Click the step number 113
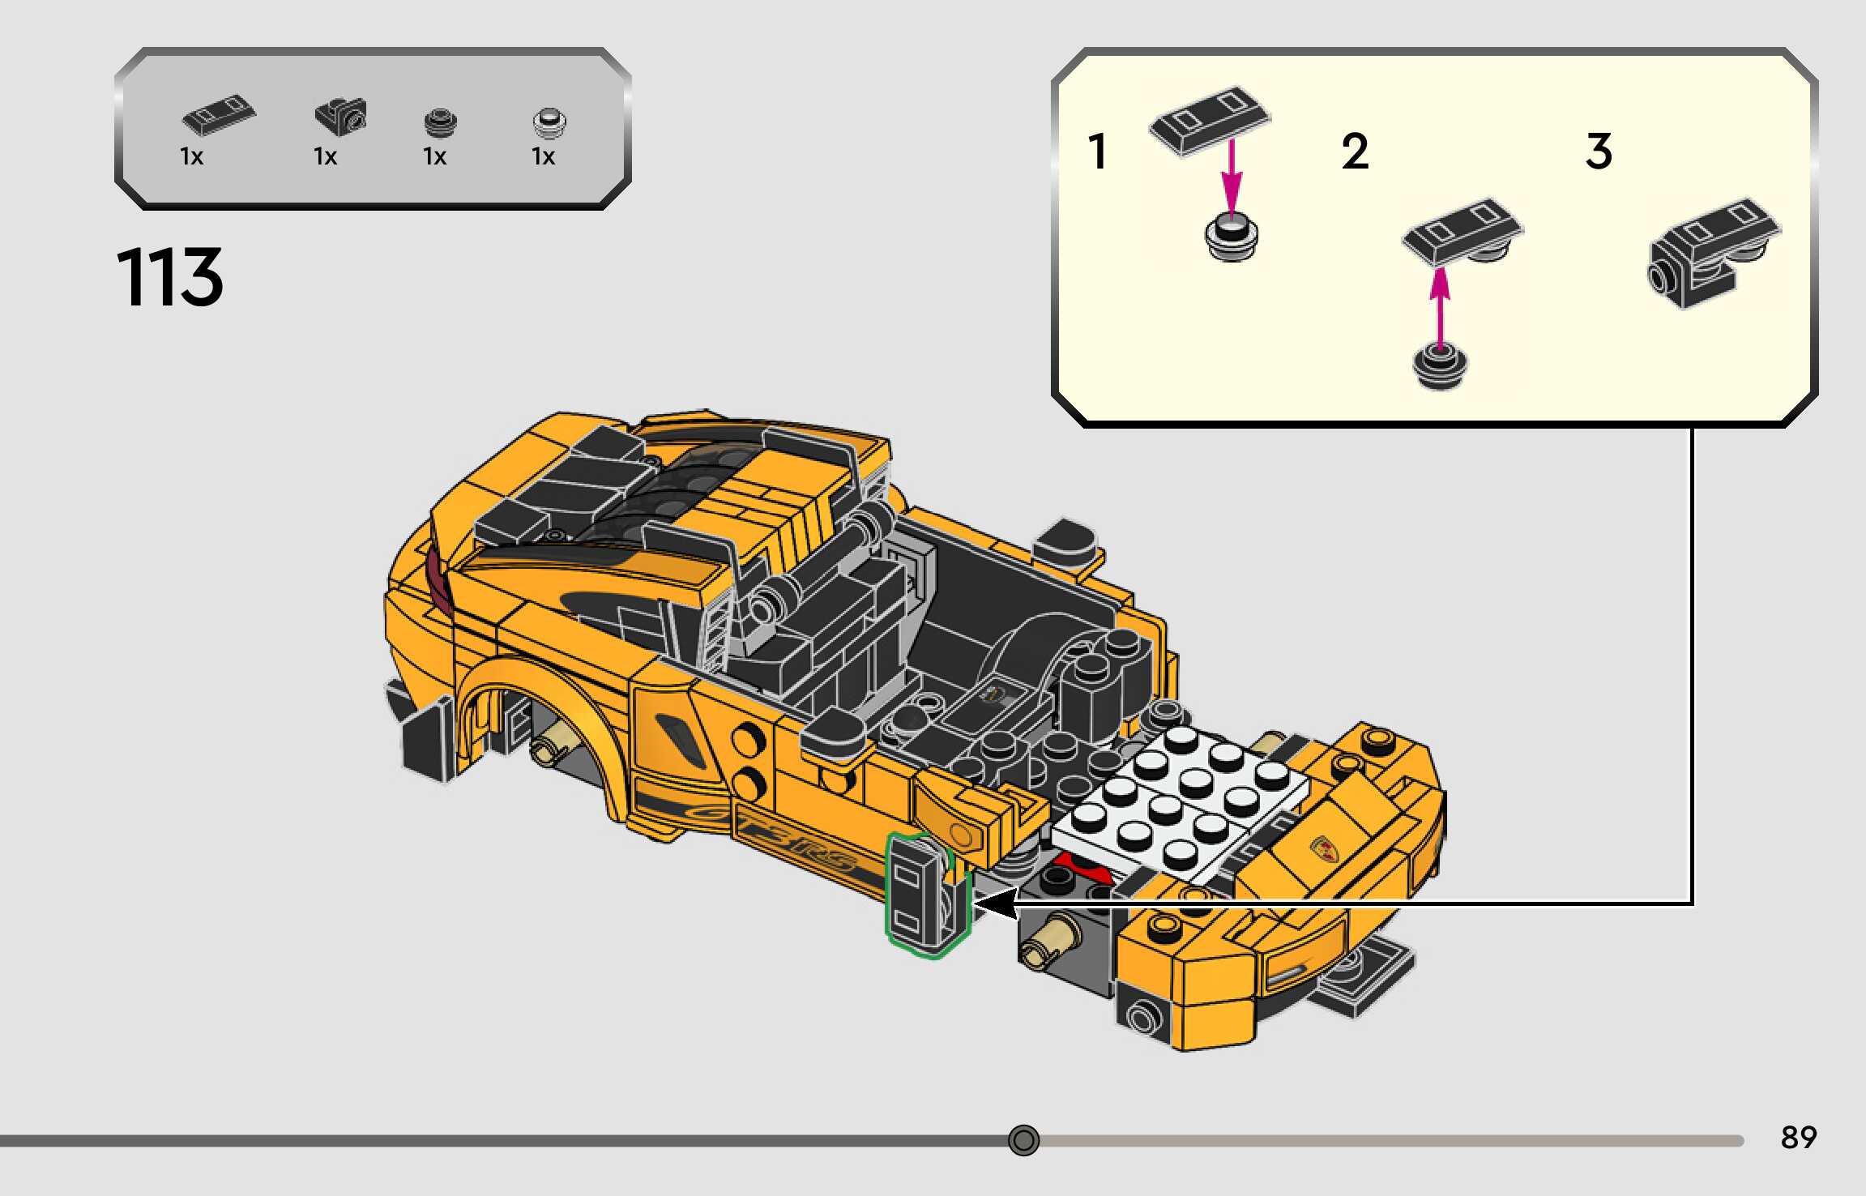tap(169, 278)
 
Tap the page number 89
tap(1798, 1137)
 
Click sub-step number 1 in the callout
tap(1098, 152)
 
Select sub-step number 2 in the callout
tap(1355, 152)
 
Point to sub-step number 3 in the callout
tap(1599, 152)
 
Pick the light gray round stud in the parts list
tap(549, 123)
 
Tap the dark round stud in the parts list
tap(440, 123)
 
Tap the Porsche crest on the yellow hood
tap(1323, 848)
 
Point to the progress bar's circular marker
tap(1023, 1140)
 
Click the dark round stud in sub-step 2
tap(1439, 366)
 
